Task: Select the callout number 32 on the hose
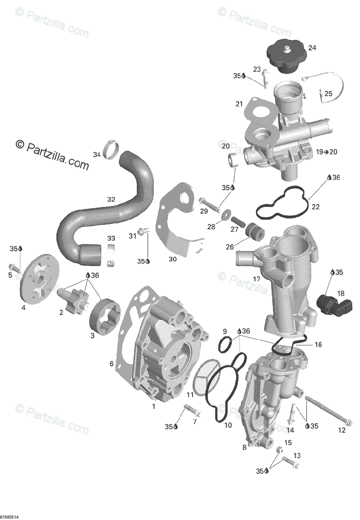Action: pos(111,199)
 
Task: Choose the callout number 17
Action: pos(257,279)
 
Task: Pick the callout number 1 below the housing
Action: pos(153,406)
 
